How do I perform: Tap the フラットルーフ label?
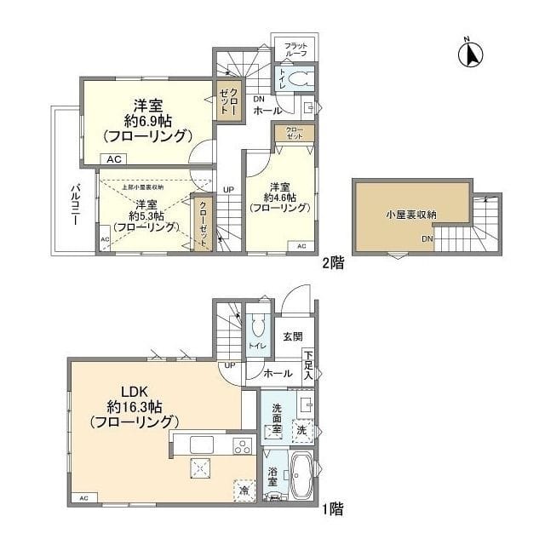pos(295,49)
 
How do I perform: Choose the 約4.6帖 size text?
pos(280,197)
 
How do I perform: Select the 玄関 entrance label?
pos(292,336)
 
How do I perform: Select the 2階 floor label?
pos(333,263)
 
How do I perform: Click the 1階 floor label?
pos(333,512)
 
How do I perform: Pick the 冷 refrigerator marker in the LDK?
pos(244,490)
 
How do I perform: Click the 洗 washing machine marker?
pos(302,431)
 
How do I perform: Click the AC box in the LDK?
pos(83,497)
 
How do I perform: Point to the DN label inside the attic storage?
pos(427,240)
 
